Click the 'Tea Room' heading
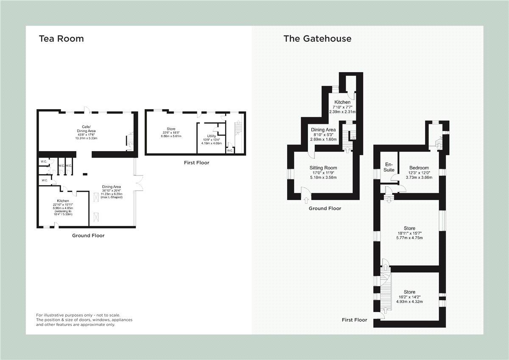(61, 39)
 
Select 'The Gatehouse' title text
(317, 39)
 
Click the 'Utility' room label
(211, 136)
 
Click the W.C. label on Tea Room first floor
(229, 151)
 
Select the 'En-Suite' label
(389, 167)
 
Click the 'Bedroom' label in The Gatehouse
(419, 168)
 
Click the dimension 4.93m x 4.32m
(409, 301)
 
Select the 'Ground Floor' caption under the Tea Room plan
(88, 235)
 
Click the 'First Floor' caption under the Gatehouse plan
(354, 320)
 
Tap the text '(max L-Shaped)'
(112, 198)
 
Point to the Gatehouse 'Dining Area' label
(323, 130)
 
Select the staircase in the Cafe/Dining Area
(130, 141)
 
